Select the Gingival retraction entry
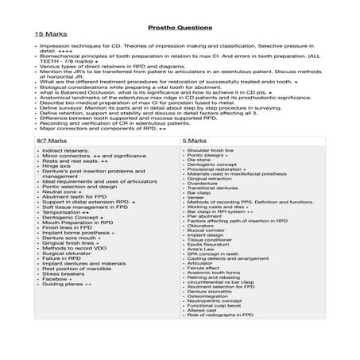click(207, 179)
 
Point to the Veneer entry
click(197, 199)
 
